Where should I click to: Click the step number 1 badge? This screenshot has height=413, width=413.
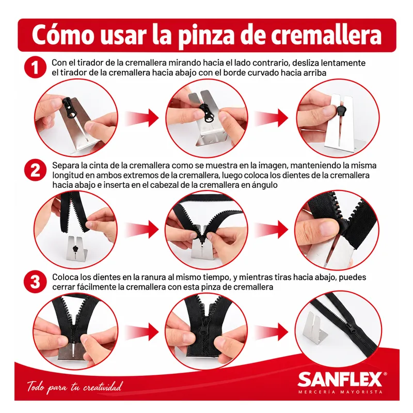point(35,67)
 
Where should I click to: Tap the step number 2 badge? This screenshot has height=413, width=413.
point(35,170)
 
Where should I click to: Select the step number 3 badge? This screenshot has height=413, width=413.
point(35,282)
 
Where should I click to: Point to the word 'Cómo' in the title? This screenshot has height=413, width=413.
point(63,34)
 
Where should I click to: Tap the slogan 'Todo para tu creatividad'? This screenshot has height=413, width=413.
point(75,387)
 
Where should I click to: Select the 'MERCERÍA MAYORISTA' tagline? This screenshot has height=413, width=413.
point(340,392)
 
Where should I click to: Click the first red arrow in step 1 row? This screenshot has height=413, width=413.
point(142,118)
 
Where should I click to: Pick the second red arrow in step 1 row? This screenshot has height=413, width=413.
point(272,118)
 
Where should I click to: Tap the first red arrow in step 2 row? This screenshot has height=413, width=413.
point(142,229)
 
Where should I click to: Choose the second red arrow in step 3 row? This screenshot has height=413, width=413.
point(272,331)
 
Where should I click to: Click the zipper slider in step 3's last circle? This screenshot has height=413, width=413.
point(352,327)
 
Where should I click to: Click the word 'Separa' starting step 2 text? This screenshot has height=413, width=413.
point(66,166)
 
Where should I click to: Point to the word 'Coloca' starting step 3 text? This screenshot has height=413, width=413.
point(66,277)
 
